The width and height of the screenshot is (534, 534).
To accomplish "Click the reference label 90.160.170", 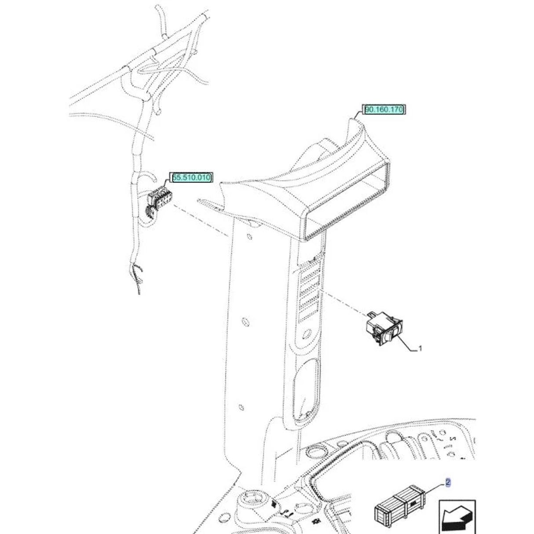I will pyautogui.click(x=384, y=109).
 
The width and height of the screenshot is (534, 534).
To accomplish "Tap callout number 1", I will pyautogui.click(x=420, y=348).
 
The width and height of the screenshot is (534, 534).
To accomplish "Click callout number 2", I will pyautogui.click(x=448, y=483).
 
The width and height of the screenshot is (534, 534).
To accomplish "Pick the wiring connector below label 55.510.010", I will pyautogui.click(x=159, y=201).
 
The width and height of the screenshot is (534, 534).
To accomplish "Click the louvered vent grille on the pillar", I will pyautogui.click(x=311, y=290).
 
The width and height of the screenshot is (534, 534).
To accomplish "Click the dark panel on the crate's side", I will pyautogui.click(x=413, y=505).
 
